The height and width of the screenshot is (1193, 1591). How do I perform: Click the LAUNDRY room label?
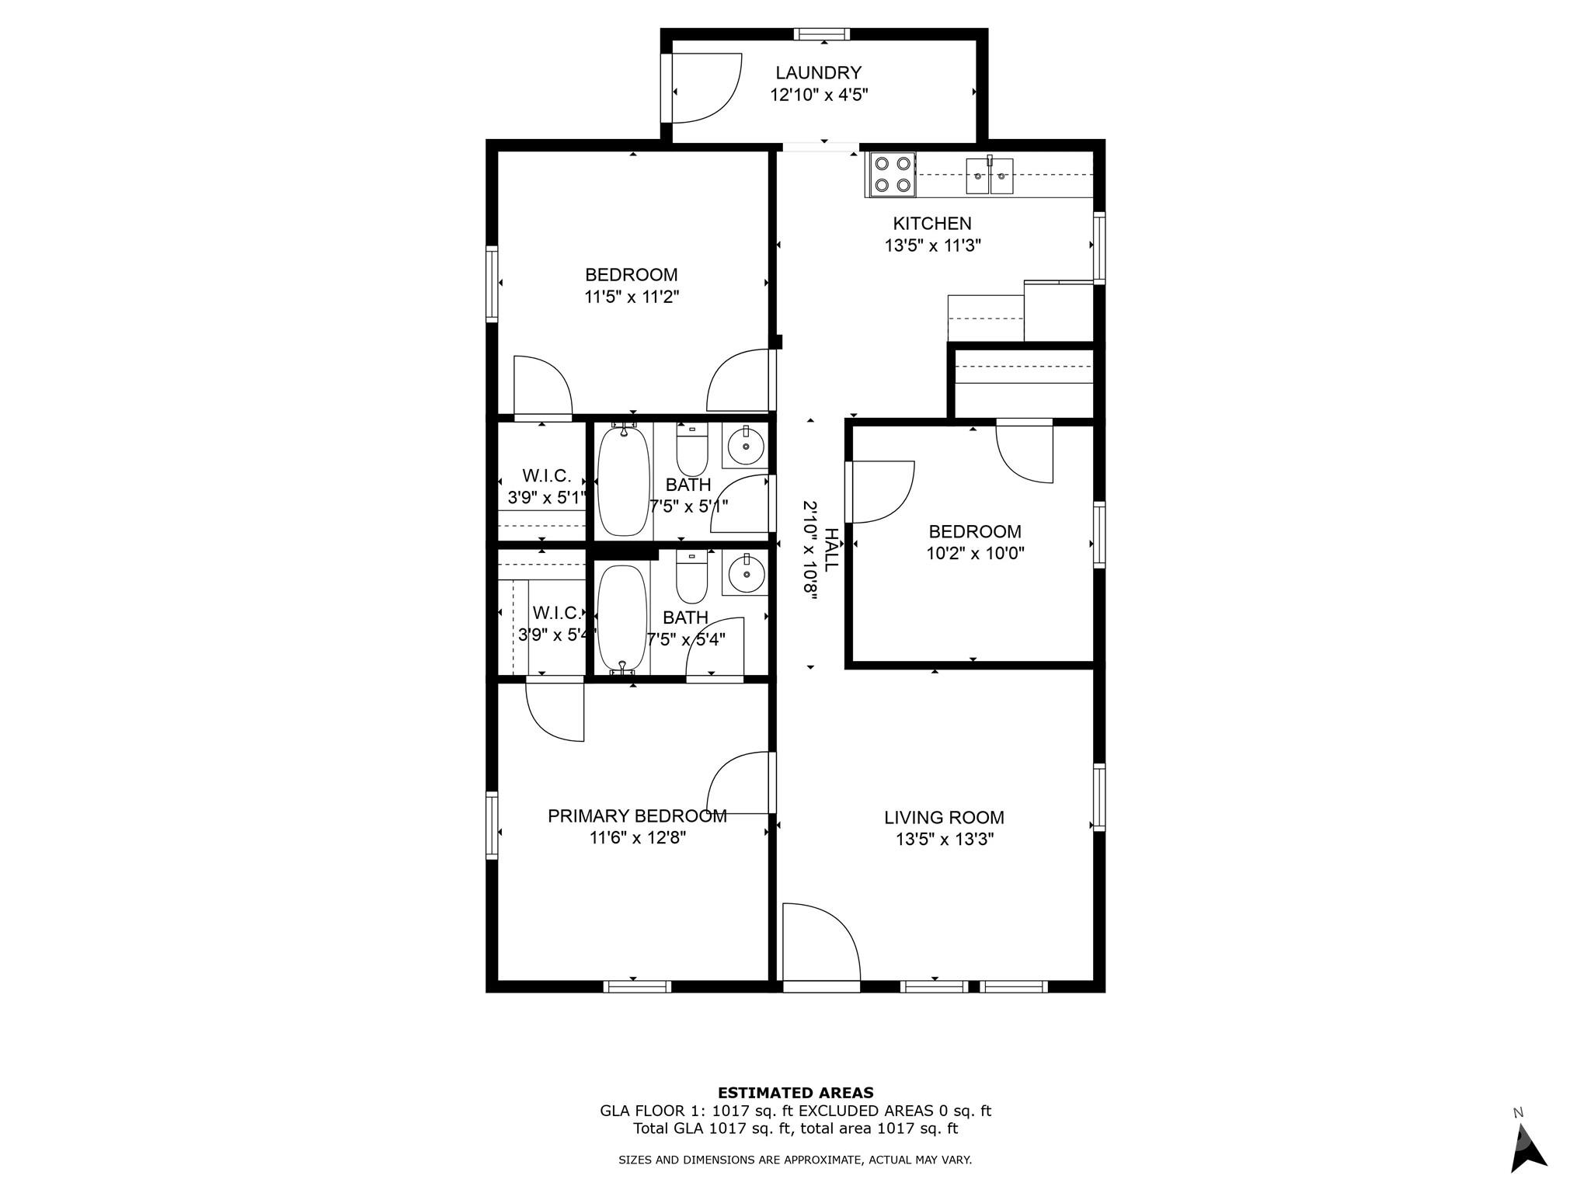(x=818, y=73)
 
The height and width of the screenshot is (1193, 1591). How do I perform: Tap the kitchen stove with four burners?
(x=891, y=174)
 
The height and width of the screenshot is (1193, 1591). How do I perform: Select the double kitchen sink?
(x=990, y=176)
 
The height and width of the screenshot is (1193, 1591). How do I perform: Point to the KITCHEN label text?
(x=931, y=224)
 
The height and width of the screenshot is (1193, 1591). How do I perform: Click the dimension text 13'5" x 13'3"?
(x=945, y=840)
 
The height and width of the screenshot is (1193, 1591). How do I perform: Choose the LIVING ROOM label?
(x=944, y=818)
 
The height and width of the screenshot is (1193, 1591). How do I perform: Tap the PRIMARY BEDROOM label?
(x=637, y=816)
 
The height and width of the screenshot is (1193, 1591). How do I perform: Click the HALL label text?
(x=830, y=550)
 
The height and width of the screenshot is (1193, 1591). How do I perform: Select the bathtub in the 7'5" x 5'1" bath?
(x=623, y=480)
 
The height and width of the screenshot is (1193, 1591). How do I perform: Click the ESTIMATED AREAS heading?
(x=795, y=1093)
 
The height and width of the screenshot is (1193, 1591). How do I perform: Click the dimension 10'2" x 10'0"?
(x=975, y=554)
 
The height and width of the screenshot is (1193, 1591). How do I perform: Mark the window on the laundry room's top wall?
(x=821, y=34)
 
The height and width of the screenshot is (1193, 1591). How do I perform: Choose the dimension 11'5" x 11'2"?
(x=632, y=297)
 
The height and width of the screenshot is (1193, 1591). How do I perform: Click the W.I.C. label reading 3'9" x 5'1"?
(x=547, y=487)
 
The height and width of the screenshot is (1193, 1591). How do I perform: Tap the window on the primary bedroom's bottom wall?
(x=637, y=987)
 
